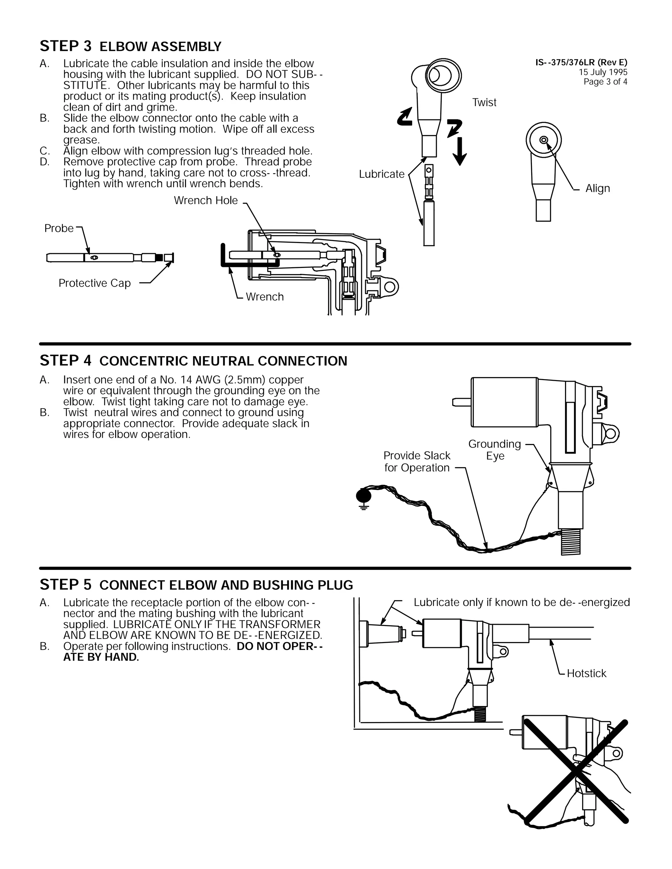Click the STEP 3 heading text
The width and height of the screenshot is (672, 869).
pos(66,47)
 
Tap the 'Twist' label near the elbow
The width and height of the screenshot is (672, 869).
pos(484,103)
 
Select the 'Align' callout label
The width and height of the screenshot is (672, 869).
pos(597,189)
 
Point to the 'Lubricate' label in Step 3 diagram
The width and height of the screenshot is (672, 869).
pos(381,174)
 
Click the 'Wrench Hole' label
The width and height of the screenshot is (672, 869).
pos(205,201)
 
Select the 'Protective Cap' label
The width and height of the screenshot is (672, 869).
pos(94,283)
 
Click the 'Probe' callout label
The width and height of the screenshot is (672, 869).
pos(59,228)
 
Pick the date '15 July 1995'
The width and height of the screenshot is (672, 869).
pos(603,72)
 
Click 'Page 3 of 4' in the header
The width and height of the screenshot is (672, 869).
pos(605,82)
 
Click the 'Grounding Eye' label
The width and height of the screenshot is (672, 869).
pos(494,450)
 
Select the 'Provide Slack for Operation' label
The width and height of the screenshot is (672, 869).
pos(417,462)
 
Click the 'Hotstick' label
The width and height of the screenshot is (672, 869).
pos(586,674)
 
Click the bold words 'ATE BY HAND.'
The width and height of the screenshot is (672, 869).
pos(101,657)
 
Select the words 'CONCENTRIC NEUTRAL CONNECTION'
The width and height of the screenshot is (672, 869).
pos(223,361)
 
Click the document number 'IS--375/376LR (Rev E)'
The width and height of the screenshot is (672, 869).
pos(581,62)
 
